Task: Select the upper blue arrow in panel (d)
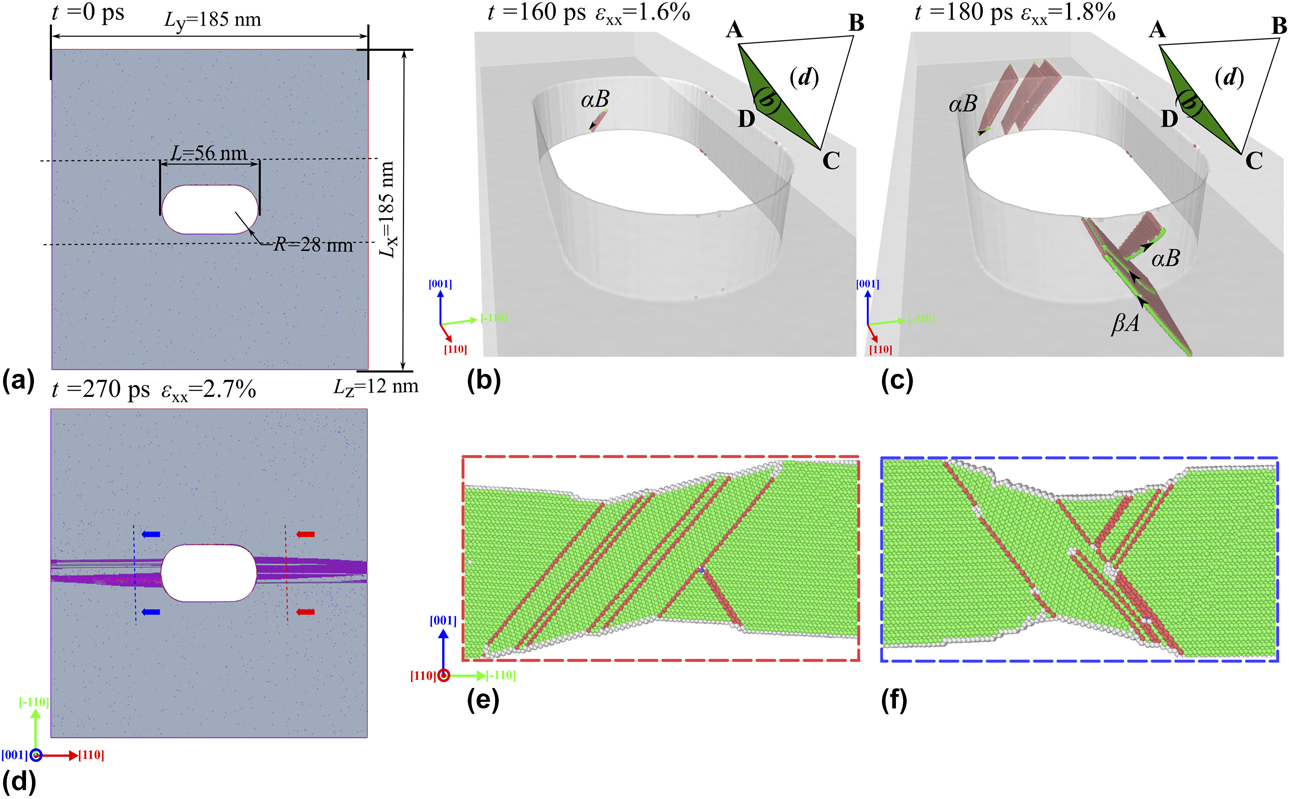point(150,534)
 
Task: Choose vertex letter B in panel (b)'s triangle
point(858,18)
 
